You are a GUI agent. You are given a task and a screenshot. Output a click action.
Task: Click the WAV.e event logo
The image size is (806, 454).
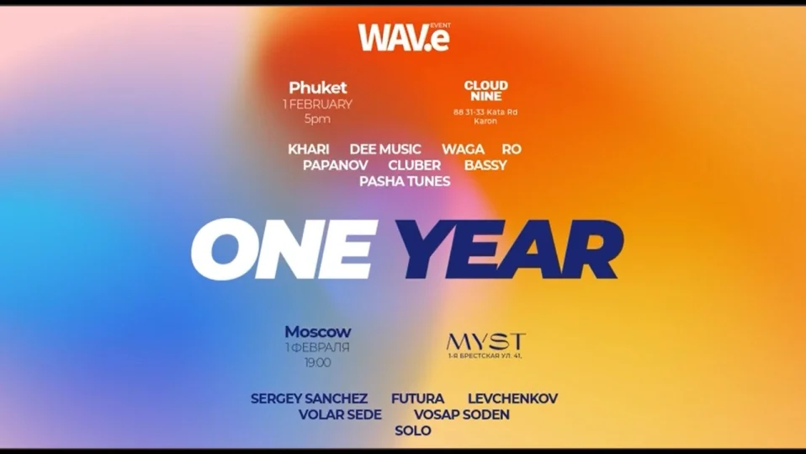tap(404, 36)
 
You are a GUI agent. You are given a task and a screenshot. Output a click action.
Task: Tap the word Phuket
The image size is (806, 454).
tap(318, 88)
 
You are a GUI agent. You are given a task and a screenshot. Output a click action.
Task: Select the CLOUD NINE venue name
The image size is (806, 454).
tap(485, 90)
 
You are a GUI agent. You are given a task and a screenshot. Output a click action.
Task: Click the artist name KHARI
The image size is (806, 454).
tap(308, 149)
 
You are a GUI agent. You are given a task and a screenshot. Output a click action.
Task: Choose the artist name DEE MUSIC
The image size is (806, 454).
tap(385, 149)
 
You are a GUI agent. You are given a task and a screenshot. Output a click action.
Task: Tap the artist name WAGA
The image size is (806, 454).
tap(463, 149)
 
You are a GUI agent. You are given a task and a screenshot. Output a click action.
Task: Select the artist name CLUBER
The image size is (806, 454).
tap(414, 165)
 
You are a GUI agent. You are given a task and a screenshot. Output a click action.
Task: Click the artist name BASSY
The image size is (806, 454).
tap(485, 165)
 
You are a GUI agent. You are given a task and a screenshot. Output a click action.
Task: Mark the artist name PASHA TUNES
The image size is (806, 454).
tap(405, 181)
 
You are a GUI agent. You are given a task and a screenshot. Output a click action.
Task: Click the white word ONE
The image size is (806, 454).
tap(283, 249)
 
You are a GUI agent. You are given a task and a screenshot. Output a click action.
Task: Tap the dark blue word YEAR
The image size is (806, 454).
tap(510, 249)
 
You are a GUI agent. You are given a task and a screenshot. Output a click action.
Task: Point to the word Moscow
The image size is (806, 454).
tap(317, 332)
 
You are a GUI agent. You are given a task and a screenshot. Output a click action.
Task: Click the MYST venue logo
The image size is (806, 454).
tap(485, 341)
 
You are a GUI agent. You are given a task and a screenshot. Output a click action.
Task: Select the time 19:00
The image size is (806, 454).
tap(317, 363)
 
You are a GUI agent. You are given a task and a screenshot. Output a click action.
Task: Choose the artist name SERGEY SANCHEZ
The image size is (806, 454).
tap(309, 398)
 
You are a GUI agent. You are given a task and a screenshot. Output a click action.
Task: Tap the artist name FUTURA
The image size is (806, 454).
tap(417, 398)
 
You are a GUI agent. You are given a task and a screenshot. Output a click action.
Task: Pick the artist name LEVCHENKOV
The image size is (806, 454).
tap(512, 398)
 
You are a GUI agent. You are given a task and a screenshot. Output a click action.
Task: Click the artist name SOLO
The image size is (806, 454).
tap(412, 430)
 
